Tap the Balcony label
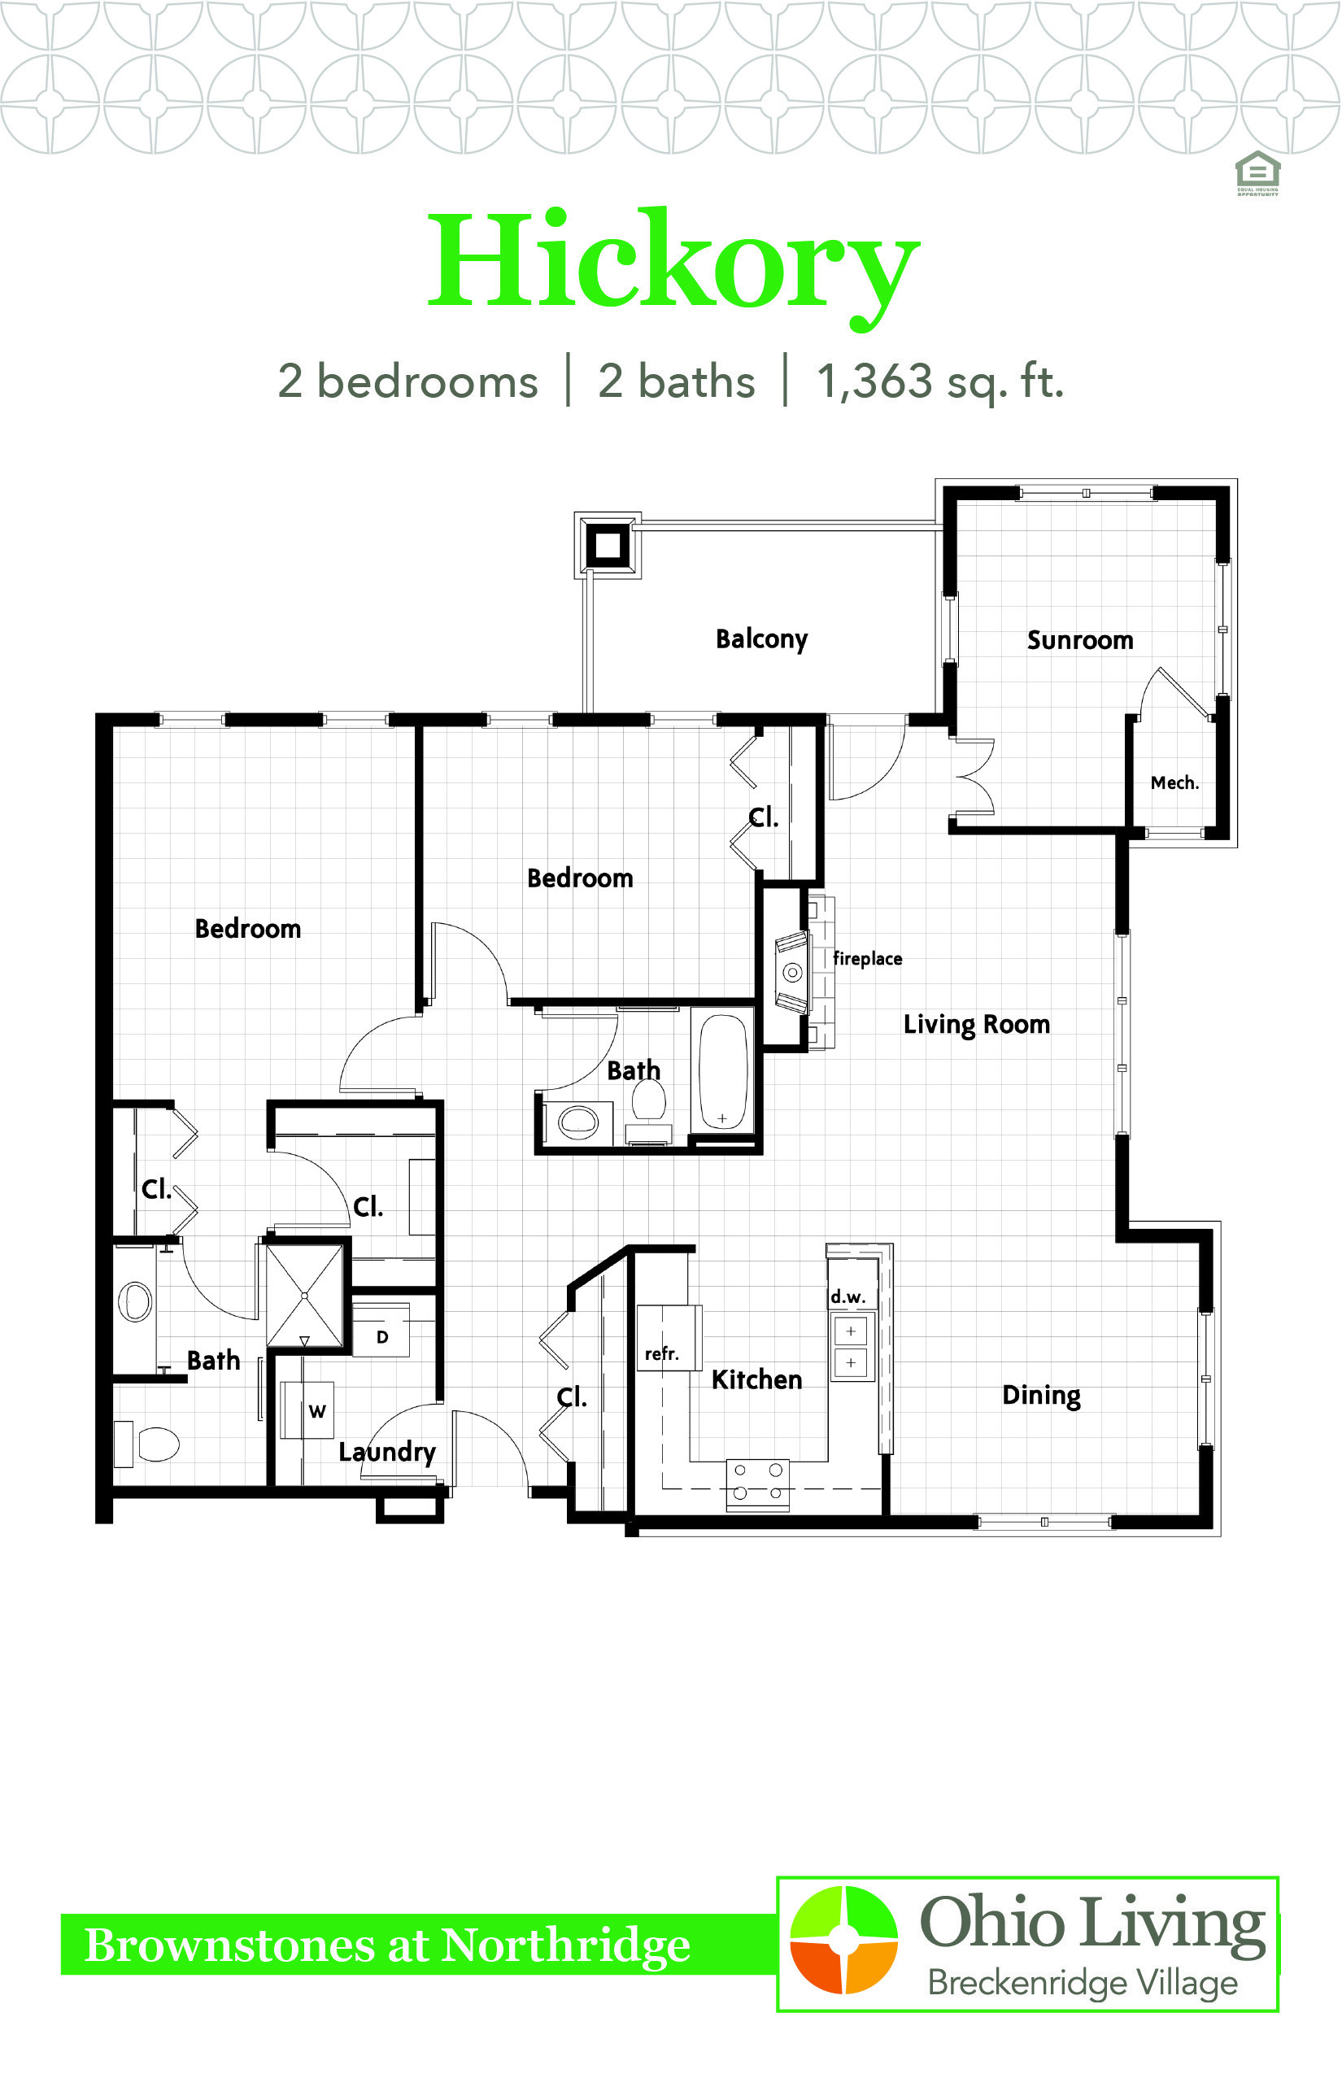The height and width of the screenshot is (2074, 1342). pyautogui.click(x=761, y=639)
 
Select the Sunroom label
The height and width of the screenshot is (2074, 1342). pyautogui.click(x=1080, y=641)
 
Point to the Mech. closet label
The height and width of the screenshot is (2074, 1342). pyautogui.click(x=1174, y=782)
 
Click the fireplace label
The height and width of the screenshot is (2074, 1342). pyautogui.click(x=867, y=959)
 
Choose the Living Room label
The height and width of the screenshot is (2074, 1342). pyautogui.click(x=976, y=1025)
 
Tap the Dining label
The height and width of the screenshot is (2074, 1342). pyautogui.click(x=1041, y=1396)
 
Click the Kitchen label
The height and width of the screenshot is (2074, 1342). pyautogui.click(x=756, y=1379)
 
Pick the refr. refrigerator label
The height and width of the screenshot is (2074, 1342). pyautogui.click(x=661, y=1353)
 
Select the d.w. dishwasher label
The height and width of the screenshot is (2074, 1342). pyautogui.click(x=847, y=1296)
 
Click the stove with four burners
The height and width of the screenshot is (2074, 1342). pyautogui.click(x=757, y=1484)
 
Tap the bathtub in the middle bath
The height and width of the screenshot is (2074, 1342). pyautogui.click(x=722, y=1072)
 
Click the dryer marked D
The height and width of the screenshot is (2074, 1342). pyautogui.click(x=381, y=1330)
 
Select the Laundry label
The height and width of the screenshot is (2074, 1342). pyautogui.click(x=387, y=1452)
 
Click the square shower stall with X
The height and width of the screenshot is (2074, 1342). pyautogui.click(x=304, y=1296)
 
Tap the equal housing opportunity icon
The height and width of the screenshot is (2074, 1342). pyautogui.click(x=1257, y=173)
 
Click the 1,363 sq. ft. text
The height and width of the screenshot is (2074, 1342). pyautogui.click(x=940, y=381)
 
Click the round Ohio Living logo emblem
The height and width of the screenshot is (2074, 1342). pyautogui.click(x=843, y=1940)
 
